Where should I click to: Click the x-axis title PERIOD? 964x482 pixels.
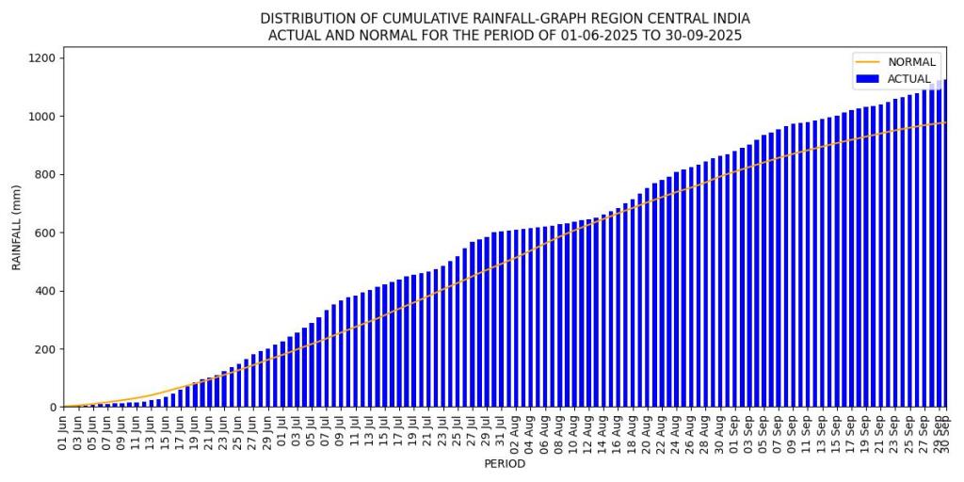coord(505,463)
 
